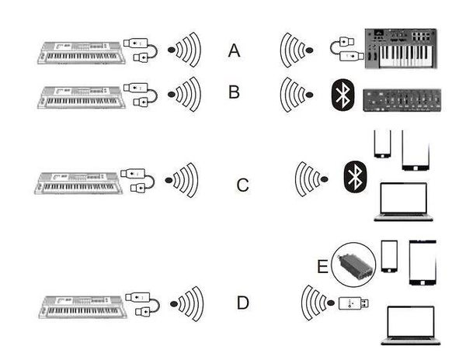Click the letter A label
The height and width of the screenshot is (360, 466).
(x=234, y=50)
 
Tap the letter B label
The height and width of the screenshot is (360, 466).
(x=234, y=92)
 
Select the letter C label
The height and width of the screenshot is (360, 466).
(x=242, y=185)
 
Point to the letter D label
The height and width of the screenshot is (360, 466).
(x=243, y=303)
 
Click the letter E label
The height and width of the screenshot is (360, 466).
(x=323, y=266)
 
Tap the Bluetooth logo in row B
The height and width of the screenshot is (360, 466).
(x=343, y=95)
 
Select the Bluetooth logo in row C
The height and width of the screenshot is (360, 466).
(x=355, y=177)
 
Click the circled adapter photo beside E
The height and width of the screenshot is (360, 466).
(x=353, y=265)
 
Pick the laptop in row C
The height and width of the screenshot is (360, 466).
(x=403, y=202)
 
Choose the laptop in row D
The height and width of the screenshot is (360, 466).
(x=411, y=325)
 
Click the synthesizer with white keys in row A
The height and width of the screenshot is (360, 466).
(x=401, y=49)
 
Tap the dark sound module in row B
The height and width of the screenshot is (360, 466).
(x=402, y=100)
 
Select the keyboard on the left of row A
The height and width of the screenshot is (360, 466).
(x=81, y=53)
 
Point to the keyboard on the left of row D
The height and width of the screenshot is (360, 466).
(x=83, y=307)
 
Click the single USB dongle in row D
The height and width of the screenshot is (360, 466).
(x=353, y=303)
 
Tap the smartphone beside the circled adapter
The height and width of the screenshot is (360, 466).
(x=389, y=256)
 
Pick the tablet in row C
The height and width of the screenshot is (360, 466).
(x=416, y=151)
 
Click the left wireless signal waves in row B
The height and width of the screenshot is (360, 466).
(x=184, y=95)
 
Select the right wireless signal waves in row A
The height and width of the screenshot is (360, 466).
(x=297, y=50)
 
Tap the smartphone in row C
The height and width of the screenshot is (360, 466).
(x=382, y=144)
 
